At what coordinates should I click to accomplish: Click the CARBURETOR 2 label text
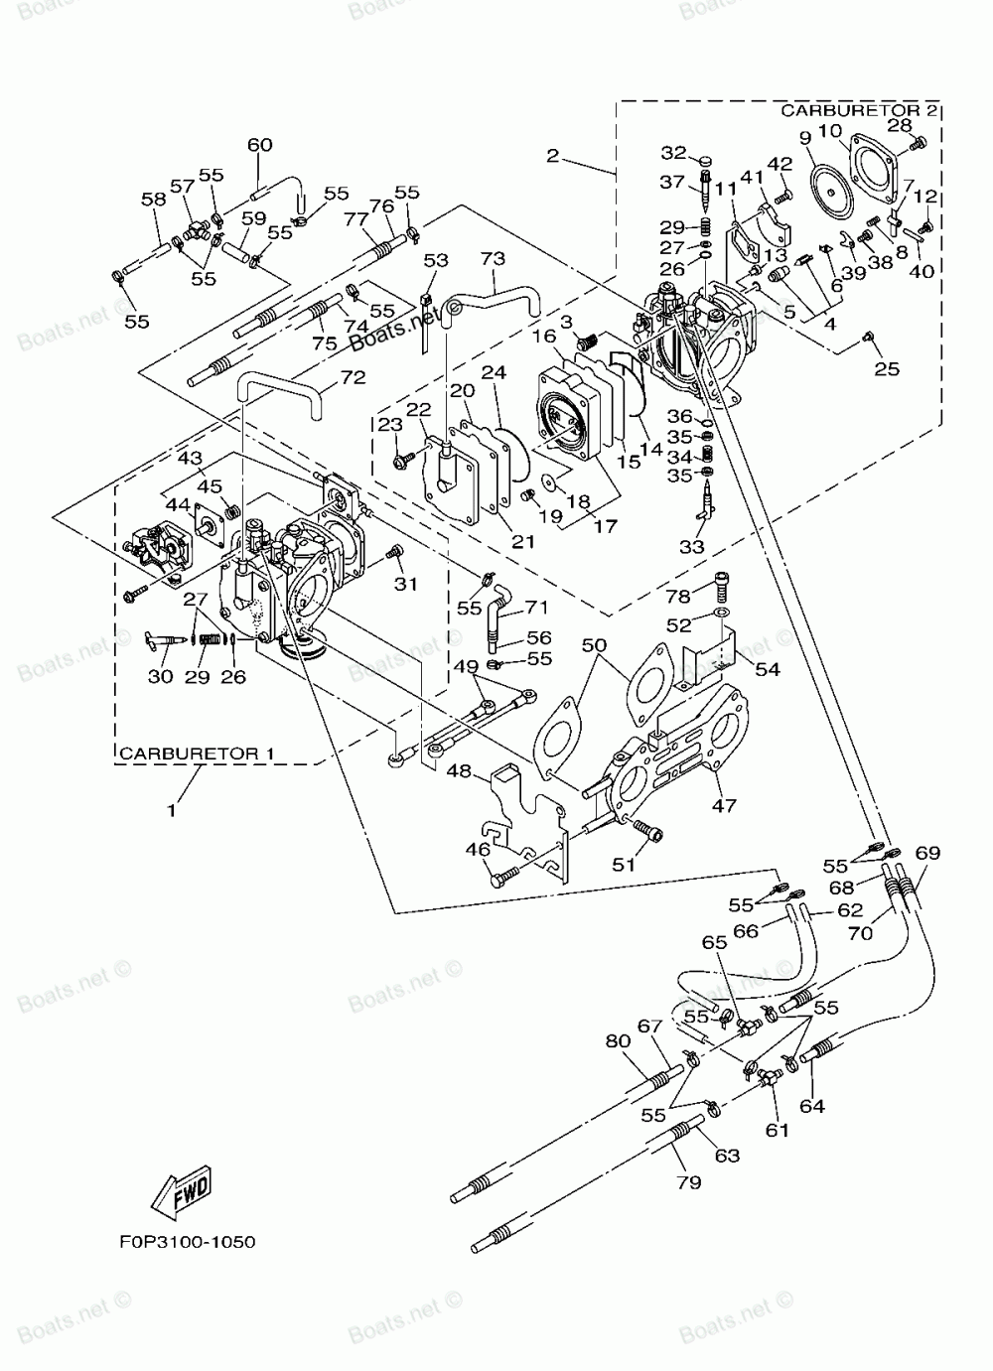point(859,110)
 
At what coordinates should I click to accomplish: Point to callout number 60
point(259,145)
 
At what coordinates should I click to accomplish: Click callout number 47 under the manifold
point(724,806)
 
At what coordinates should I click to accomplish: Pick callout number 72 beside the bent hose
point(354,377)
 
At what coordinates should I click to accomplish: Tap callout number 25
point(887,368)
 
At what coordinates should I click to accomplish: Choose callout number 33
point(692,547)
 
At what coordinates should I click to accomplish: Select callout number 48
point(459,770)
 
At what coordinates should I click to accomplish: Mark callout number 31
point(405,584)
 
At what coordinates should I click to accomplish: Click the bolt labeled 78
point(722,586)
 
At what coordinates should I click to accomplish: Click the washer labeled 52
point(722,613)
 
